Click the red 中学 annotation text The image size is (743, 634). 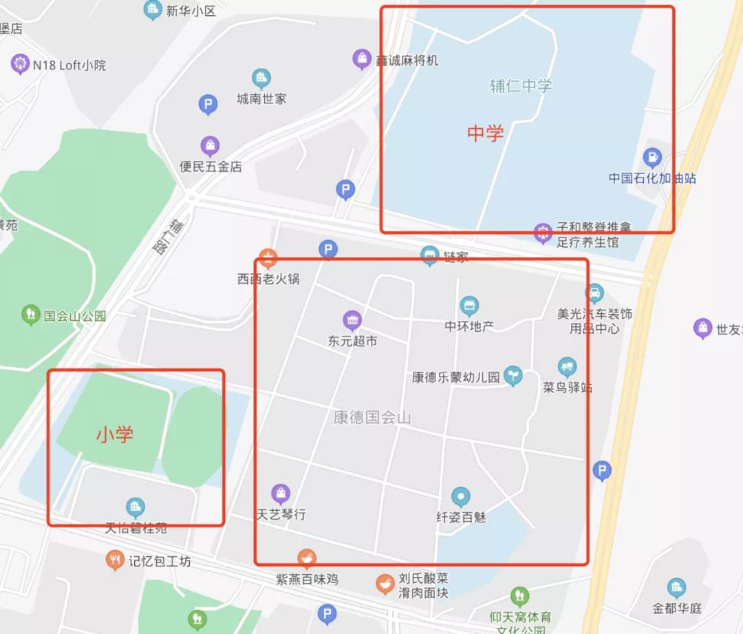tap(485, 133)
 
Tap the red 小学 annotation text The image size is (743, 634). tap(115, 434)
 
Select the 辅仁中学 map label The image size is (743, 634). tap(521, 86)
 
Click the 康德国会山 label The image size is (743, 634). tap(371, 417)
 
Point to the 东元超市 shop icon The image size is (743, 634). tap(352, 320)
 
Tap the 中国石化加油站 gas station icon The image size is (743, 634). tap(652, 158)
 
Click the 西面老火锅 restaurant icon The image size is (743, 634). tap(268, 259)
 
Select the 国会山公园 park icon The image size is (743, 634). tap(30, 315)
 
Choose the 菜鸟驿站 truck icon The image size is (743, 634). tap(567, 366)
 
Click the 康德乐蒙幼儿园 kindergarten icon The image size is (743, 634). tap(513, 376)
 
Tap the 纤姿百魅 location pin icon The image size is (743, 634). tap(460, 496)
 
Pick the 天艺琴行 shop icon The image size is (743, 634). tap(280, 493)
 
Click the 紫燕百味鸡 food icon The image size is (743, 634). tap(307, 558)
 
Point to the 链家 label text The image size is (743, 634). tap(455, 257)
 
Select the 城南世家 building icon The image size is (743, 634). tap(261, 78)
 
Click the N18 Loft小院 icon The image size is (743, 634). tap(20, 65)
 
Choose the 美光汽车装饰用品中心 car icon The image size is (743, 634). tap(594, 293)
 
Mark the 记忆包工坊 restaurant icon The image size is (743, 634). tap(115, 560)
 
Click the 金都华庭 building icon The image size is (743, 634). tap(676, 587)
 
